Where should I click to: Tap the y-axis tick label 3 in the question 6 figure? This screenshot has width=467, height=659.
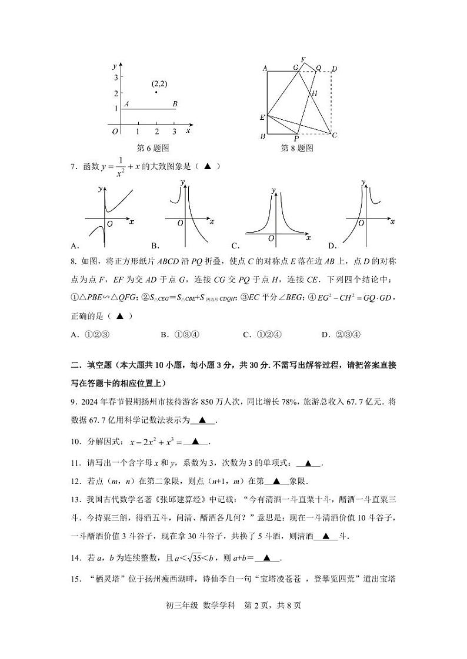click(116, 77)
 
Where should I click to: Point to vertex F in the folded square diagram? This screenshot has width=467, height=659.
click(303, 60)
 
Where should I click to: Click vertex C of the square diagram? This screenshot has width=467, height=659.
click(334, 135)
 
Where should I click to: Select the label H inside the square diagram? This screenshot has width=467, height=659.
click(315, 93)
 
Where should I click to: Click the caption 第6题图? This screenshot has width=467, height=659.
click(152, 148)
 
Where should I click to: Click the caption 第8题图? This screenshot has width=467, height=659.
click(297, 148)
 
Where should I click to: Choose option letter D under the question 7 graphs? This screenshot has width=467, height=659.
click(331, 245)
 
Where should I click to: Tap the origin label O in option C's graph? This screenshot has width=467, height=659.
click(271, 238)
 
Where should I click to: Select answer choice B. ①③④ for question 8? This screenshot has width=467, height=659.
click(180, 334)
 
